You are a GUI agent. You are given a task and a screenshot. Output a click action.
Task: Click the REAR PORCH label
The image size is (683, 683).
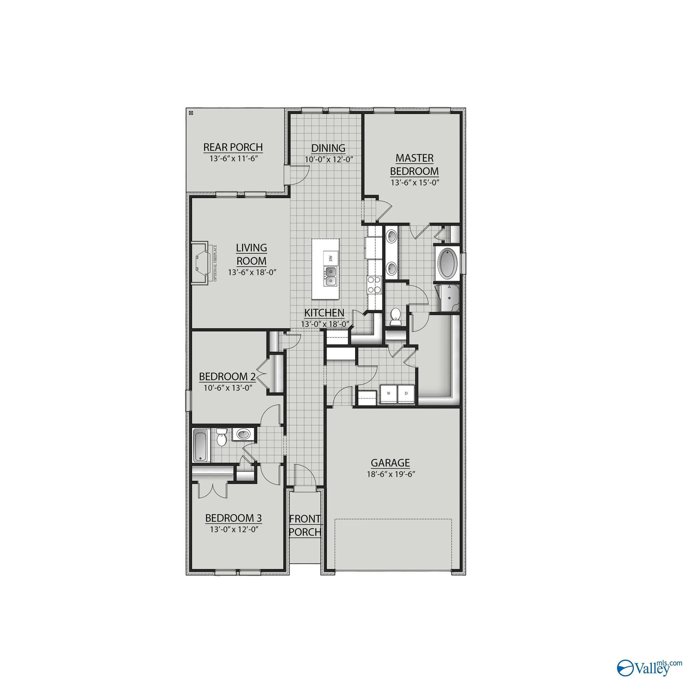point(233,147)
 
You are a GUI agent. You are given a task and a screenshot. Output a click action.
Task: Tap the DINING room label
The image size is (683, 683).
point(329,148)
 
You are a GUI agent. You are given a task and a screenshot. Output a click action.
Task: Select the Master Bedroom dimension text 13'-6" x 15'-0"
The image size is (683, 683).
point(414,183)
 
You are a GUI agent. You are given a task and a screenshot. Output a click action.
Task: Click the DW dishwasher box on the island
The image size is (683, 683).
point(331,258)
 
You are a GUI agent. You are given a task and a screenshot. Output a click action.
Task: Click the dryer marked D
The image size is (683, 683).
point(406,393)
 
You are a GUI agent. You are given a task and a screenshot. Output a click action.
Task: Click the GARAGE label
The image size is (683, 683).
point(390,463)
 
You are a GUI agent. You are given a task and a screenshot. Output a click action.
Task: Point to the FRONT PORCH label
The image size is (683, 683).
point(305,525)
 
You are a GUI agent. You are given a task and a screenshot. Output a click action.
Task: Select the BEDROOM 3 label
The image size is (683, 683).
point(233,518)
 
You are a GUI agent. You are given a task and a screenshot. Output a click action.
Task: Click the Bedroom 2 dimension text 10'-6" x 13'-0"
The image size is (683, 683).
point(228,388)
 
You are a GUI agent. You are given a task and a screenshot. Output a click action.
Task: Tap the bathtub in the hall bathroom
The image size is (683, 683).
point(201,445)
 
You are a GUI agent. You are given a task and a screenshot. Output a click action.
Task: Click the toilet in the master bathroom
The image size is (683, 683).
point(395,317)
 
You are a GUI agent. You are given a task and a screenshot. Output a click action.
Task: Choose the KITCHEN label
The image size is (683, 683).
point(324,313)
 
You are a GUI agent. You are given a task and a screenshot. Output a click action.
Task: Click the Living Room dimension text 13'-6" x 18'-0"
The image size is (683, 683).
point(252,273)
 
